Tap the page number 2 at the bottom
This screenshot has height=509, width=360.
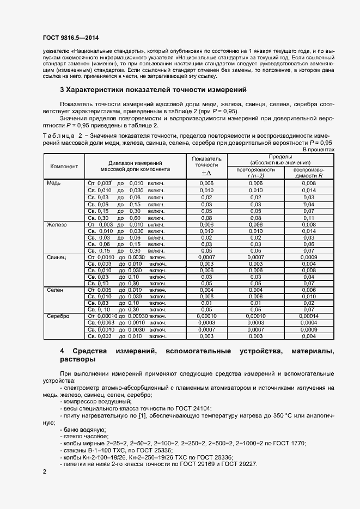45,471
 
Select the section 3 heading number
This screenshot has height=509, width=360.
62,89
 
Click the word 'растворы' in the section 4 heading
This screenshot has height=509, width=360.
77,360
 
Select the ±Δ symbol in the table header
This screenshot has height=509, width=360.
206,173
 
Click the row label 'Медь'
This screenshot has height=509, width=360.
54,183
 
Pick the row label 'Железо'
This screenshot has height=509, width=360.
57,224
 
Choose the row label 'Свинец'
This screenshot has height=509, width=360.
57,257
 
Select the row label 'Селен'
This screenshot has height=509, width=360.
55,290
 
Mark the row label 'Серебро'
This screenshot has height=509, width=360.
58,316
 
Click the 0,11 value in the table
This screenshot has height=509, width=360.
309,217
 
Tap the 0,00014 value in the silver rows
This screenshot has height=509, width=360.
309,316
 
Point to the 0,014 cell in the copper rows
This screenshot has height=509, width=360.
309,191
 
